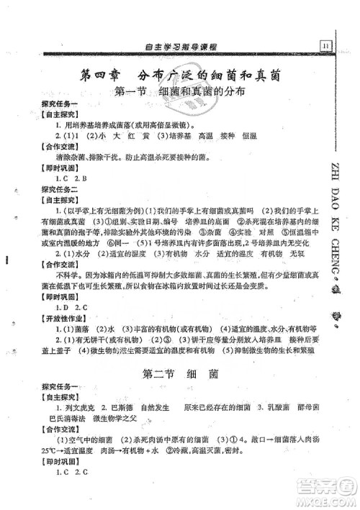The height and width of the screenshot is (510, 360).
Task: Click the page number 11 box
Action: (x=325, y=45)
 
